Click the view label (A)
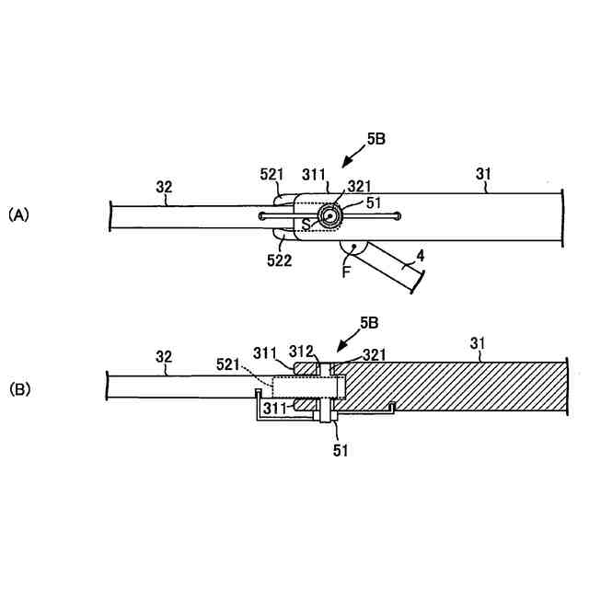(x=19, y=214)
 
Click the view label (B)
(x=19, y=389)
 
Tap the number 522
(x=281, y=260)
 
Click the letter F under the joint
(x=347, y=271)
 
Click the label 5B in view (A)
(x=375, y=139)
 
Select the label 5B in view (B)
(x=368, y=323)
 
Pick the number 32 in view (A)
(x=164, y=187)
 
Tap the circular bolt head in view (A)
(x=329, y=215)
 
